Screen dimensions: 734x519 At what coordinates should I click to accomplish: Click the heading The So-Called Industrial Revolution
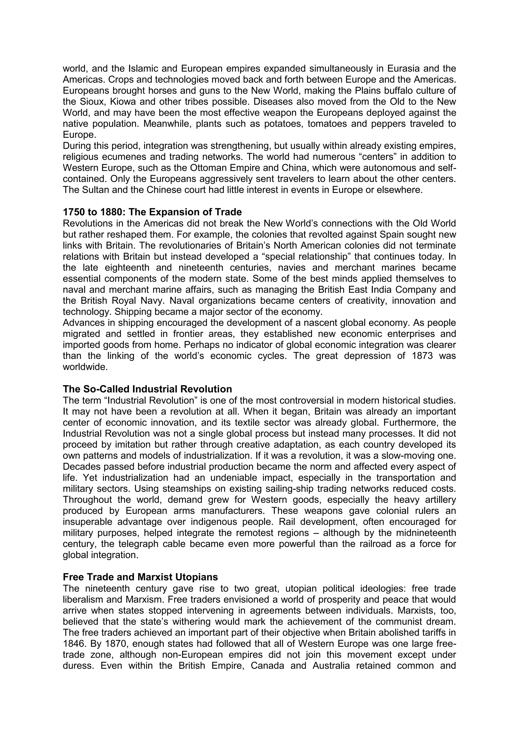pyautogui.click(x=147, y=389)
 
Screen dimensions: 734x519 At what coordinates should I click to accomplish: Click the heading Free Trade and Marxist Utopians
pyautogui.click(x=140, y=577)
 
